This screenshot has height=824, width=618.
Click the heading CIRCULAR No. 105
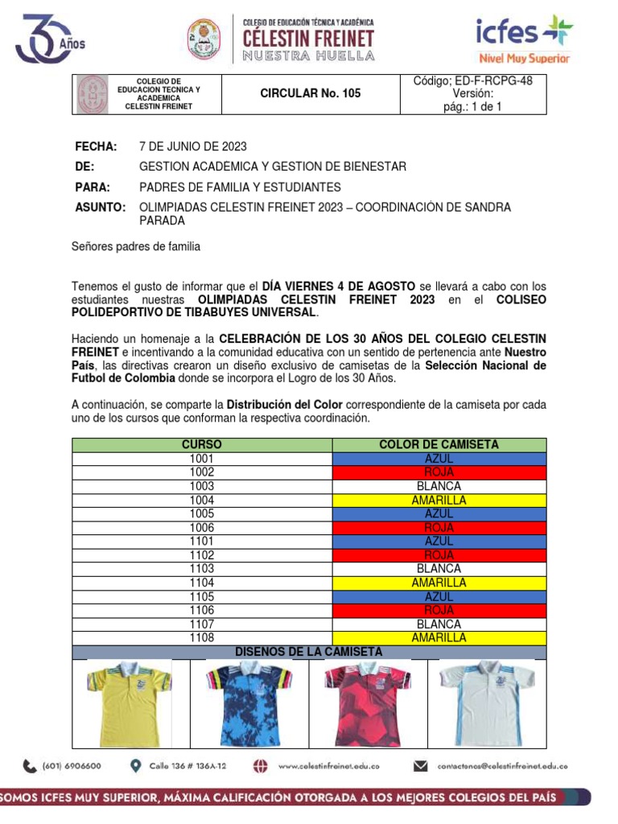[311, 93]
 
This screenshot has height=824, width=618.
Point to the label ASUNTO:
[101, 208]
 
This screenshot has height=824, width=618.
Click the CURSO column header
[202, 445]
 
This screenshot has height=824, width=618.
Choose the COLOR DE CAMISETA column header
[439, 445]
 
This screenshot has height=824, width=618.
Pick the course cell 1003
[202, 486]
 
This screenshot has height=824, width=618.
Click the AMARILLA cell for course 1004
[439, 501]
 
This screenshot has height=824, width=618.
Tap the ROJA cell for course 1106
[439, 611]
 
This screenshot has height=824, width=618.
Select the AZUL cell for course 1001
[439, 459]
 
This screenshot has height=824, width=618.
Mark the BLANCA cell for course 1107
[439, 624]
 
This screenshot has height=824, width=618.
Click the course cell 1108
[202, 638]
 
